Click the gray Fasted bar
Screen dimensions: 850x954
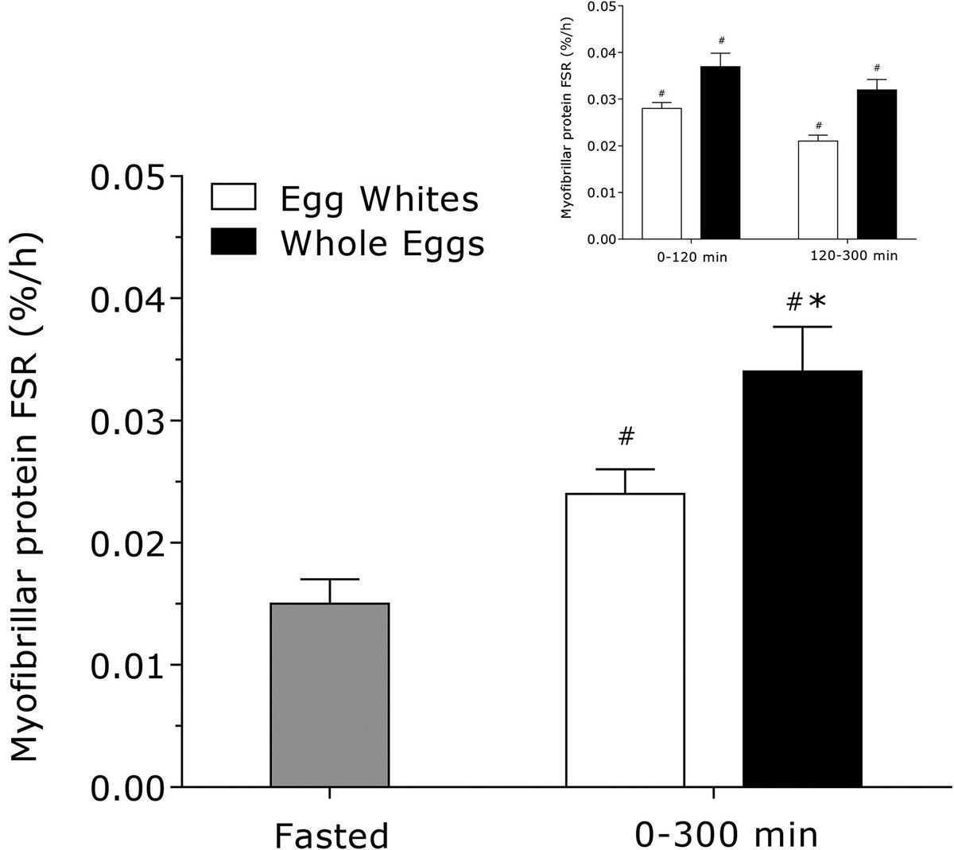(x=329, y=695)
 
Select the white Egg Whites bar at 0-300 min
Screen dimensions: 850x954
(x=625, y=640)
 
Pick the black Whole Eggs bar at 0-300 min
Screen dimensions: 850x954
(x=802, y=579)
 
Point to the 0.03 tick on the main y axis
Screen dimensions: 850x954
(x=176, y=421)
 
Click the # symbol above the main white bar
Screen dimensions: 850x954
(x=626, y=436)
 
